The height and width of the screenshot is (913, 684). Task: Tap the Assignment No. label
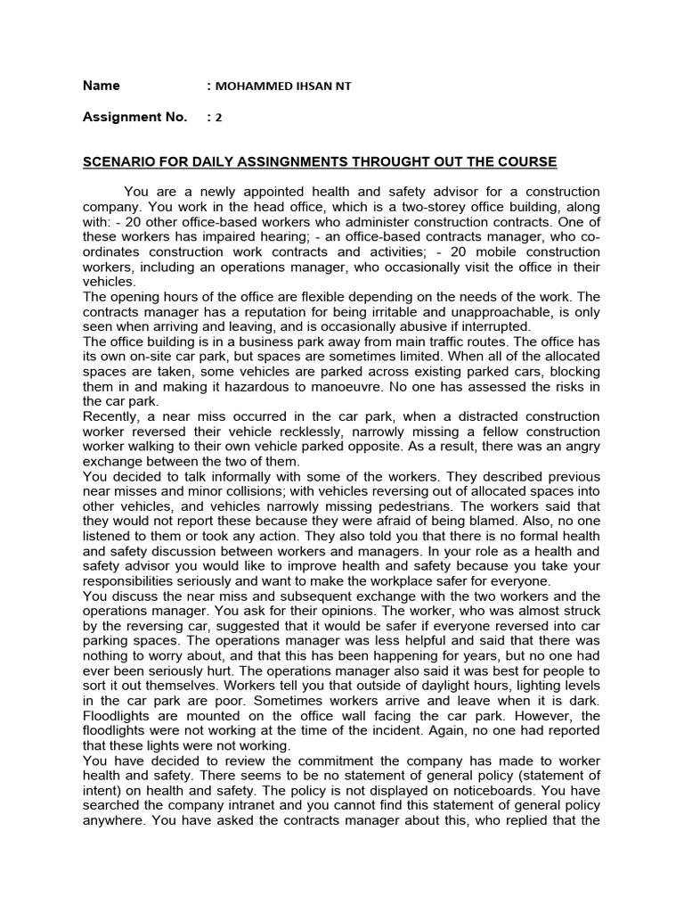point(134,117)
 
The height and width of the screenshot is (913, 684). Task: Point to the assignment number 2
point(218,118)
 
